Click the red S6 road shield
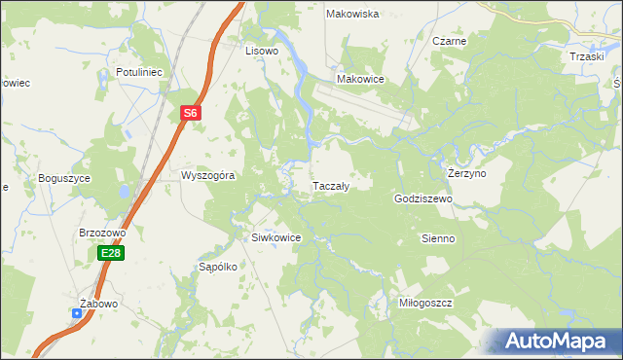(x=191, y=114)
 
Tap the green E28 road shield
(x=110, y=253)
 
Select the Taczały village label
(x=330, y=185)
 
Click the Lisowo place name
(x=262, y=50)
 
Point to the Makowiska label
(x=352, y=14)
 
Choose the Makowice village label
(x=360, y=79)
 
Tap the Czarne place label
(x=450, y=42)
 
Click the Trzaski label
(x=588, y=56)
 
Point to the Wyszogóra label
(x=208, y=176)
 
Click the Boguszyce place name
(x=64, y=178)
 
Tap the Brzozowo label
(x=103, y=234)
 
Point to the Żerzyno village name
(x=466, y=172)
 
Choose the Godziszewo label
(x=424, y=198)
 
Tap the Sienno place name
(x=438, y=237)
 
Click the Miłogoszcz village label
(x=426, y=303)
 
